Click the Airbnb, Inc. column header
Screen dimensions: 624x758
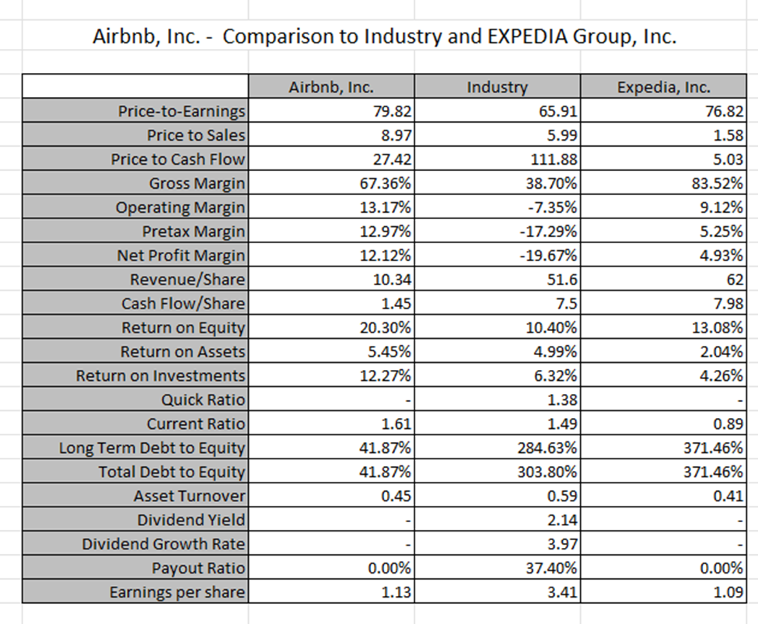(331, 87)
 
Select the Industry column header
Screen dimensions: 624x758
(497, 87)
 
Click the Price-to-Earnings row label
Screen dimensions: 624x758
(181, 111)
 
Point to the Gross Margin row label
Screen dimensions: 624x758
(197, 183)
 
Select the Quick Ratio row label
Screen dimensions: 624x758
(203, 400)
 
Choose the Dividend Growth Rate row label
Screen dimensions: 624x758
(163, 544)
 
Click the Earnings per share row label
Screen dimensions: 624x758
(177, 592)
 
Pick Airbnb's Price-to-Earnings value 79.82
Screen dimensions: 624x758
(393, 111)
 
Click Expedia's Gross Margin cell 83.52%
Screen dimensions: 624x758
(721, 183)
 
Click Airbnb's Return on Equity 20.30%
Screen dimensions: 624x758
(386, 328)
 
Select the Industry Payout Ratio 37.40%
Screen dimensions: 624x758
(551, 568)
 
